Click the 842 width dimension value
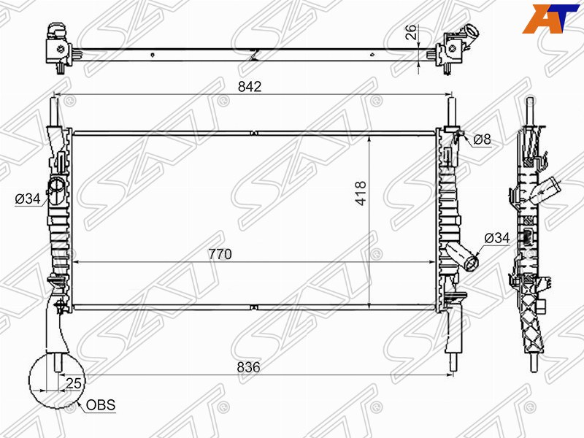(250, 86)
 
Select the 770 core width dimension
(220, 254)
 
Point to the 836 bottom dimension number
(249, 367)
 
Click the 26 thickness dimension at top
(412, 31)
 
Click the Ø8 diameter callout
(481, 139)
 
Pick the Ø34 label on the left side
(26, 198)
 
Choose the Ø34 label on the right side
(496, 238)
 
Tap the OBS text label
(101, 405)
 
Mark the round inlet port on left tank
(55, 187)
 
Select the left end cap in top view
(56, 44)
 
